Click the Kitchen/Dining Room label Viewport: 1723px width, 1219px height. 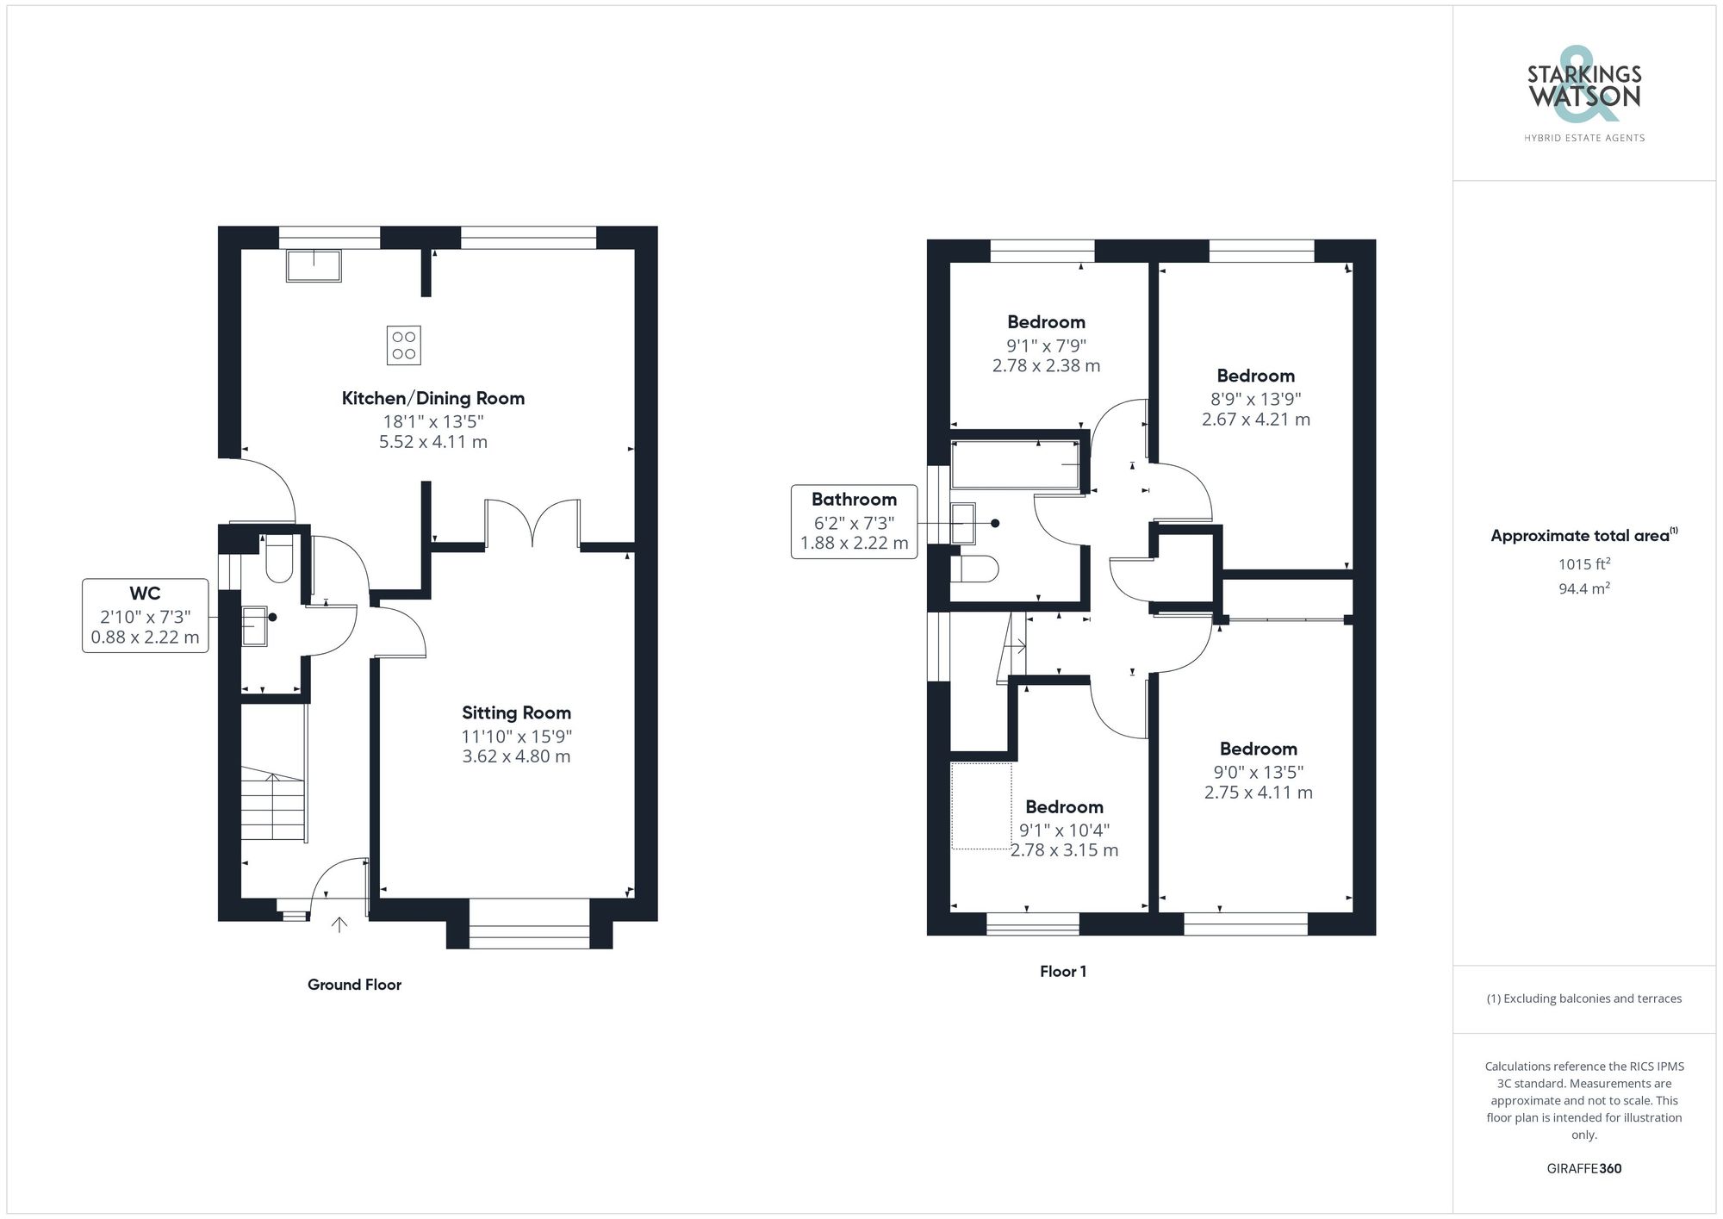pos(432,398)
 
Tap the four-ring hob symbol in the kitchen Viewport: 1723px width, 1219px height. pos(404,345)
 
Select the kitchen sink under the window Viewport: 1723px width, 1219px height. pos(314,264)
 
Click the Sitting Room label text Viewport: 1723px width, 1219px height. pos(516,712)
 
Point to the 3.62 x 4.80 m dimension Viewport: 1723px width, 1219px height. pos(516,756)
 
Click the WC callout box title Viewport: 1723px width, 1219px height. pos(145,593)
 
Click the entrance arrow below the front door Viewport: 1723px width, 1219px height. pos(339,924)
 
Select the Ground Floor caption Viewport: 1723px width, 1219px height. pos(354,985)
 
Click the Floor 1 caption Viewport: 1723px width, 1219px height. pos(1062,972)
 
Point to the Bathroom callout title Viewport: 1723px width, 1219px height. pos(854,499)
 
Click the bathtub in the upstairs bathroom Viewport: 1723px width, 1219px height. pos(1016,465)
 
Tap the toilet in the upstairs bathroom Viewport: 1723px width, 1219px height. pos(974,569)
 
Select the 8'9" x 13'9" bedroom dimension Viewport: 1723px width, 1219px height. pos(1256,399)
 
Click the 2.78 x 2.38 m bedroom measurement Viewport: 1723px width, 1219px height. pos(1046,365)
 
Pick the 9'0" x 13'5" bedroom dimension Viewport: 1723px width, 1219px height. pos(1258,772)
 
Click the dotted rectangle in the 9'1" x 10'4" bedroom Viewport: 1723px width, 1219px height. pos(981,805)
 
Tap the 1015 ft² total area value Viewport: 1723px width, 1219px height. pos(1583,564)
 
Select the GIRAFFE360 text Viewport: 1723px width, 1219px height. pos(1583,1168)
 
